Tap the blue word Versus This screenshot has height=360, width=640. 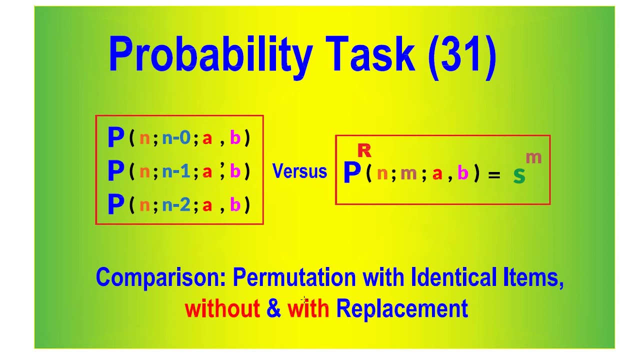point(299,171)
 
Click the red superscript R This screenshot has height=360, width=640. point(364,150)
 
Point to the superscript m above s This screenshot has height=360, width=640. point(533,158)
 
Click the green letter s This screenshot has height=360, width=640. point(519,175)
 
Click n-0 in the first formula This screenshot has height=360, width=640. point(176,138)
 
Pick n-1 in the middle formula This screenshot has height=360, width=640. point(176,171)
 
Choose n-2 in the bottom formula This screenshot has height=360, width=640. point(176,205)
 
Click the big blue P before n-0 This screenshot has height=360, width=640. point(115,138)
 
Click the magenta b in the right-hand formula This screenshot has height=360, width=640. point(463,173)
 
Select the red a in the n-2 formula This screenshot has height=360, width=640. point(207,205)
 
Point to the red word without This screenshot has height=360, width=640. point(222,308)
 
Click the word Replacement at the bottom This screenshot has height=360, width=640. point(401,308)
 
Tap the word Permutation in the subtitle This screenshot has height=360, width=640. point(294,277)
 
